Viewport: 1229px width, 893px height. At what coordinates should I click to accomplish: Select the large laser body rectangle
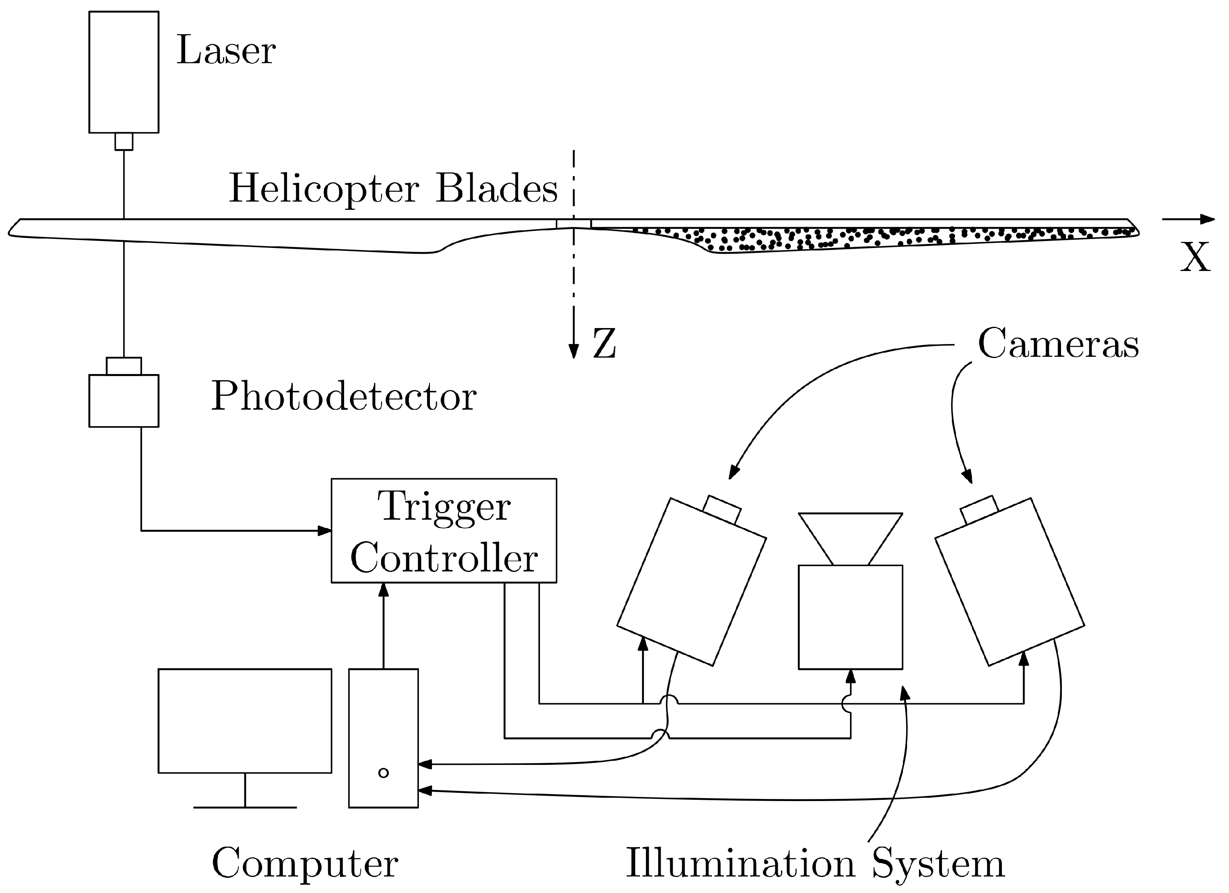[124, 72]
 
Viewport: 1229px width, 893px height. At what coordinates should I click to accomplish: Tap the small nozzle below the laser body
[124, 141]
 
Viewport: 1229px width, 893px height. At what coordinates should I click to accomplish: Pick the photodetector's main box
[124, 401]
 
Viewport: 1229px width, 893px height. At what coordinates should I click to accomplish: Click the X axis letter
[1195, 258]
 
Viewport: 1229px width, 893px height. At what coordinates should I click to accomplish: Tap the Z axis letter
[604, 344]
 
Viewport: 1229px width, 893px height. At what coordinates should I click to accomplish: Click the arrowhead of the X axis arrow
[1207, 219]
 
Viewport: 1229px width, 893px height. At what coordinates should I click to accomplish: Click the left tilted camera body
[691, 582]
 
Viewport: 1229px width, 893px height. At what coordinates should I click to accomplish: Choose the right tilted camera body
[1010, 582]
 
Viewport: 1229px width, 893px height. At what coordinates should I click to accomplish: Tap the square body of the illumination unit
[850, 617]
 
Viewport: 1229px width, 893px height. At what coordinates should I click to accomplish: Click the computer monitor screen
[244, 721]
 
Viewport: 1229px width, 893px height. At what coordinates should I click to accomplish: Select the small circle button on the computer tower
[383, 773]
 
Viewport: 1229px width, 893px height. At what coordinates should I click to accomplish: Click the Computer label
[305, 863]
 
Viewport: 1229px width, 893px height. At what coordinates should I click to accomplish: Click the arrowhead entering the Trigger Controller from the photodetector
[324, 530]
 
